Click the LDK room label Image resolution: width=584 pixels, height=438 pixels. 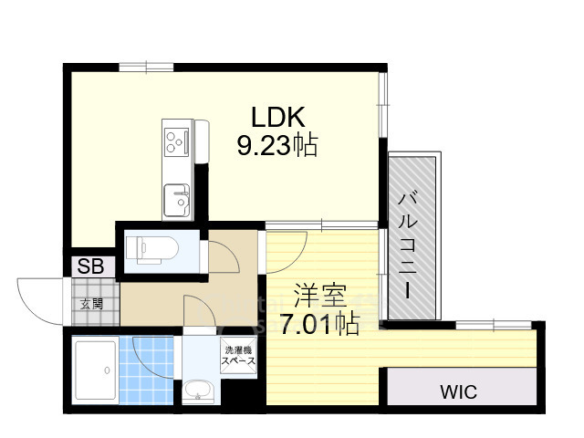(x=278, y=117)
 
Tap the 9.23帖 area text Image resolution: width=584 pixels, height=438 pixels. (x=277, y=145)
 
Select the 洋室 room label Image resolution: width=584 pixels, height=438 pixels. (x=320, y=296)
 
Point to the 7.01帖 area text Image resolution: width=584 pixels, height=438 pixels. (x=319, y=324)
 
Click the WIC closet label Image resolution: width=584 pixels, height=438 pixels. (x=458, y=391)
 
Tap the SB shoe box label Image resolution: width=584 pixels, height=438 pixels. (x=90, y=266)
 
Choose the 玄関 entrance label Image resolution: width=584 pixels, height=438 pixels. (x=91, y=305)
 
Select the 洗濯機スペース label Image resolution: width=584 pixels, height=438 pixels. (x=238, y=356)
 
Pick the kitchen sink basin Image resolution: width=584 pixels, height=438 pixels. (x=177, y=200)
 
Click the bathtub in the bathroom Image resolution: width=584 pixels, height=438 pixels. (x=95, y=370)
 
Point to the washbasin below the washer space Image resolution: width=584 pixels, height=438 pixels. (x=198, y=391)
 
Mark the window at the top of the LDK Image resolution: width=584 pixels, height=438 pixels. (x=146, y=68)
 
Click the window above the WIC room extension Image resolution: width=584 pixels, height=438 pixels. (x=494, y=325)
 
